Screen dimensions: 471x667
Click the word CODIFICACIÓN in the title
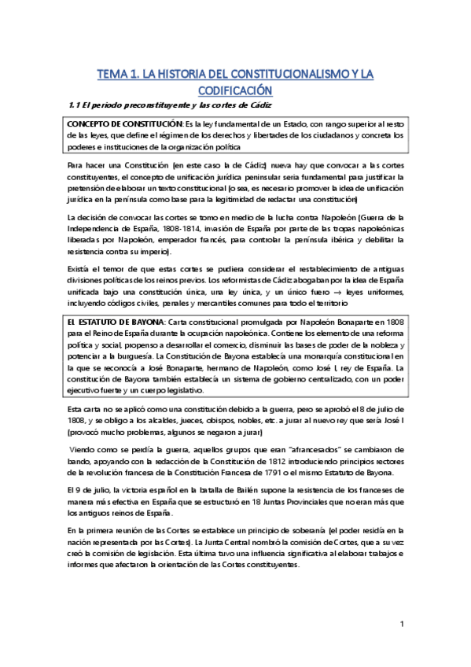(235, 89)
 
